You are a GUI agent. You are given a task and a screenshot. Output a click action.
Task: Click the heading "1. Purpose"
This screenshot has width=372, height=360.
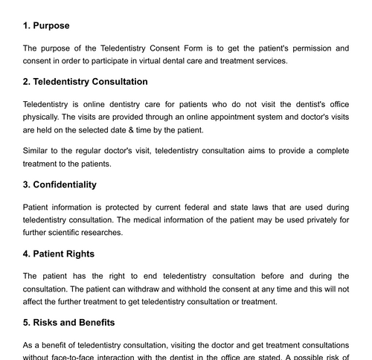click(x=49, y=25)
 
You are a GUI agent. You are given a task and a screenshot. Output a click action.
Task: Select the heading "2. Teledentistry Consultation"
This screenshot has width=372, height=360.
click(x=86, y=82)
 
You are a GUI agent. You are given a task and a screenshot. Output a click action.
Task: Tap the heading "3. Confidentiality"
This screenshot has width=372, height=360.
click(x=60, y=184)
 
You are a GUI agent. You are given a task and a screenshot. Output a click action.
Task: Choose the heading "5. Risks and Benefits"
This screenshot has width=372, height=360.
click(x=68, y=323)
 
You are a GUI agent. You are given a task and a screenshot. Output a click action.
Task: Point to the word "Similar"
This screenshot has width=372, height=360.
click(x=38, y=151)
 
